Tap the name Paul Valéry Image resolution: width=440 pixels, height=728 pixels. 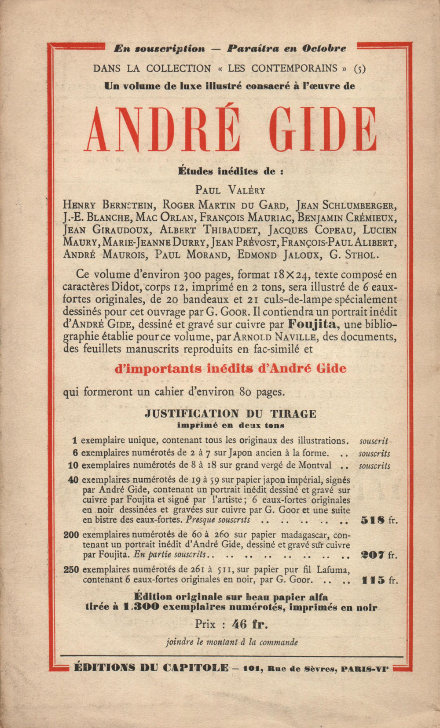(230, 190)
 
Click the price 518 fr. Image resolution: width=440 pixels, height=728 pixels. (378, 520)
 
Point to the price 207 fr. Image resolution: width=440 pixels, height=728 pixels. (378, 555)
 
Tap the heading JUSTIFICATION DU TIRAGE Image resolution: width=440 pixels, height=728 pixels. (231, 414)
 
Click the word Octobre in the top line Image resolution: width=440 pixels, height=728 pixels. (324, 48)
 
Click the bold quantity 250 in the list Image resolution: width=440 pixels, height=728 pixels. (71, 570)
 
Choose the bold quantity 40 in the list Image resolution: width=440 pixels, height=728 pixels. (73, 480)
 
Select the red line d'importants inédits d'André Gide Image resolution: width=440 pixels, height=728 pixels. (230, 368)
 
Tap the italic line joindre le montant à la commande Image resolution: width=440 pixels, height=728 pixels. (232, 642)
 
